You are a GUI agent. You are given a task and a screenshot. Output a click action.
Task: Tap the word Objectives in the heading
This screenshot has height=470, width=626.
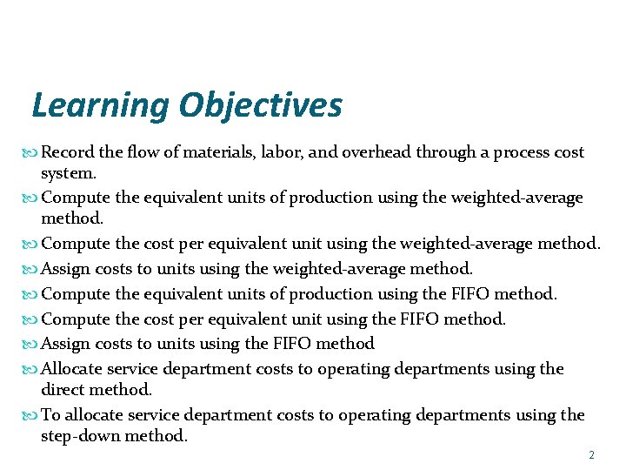(x=261, y=106)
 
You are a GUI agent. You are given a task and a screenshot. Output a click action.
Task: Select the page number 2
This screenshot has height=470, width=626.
(x=591, y=455)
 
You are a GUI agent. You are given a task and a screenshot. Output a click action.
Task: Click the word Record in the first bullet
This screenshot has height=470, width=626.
(x=68, y=153)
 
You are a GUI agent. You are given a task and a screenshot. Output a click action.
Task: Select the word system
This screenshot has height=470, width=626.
(x=69, y=173)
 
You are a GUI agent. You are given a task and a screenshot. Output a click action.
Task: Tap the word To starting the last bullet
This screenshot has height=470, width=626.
(x=50, y=416)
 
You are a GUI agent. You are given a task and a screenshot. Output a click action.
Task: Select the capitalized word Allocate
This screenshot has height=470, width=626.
(x=72, y=369)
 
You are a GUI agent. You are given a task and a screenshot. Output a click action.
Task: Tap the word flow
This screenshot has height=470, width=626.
(x=143, y=153)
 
